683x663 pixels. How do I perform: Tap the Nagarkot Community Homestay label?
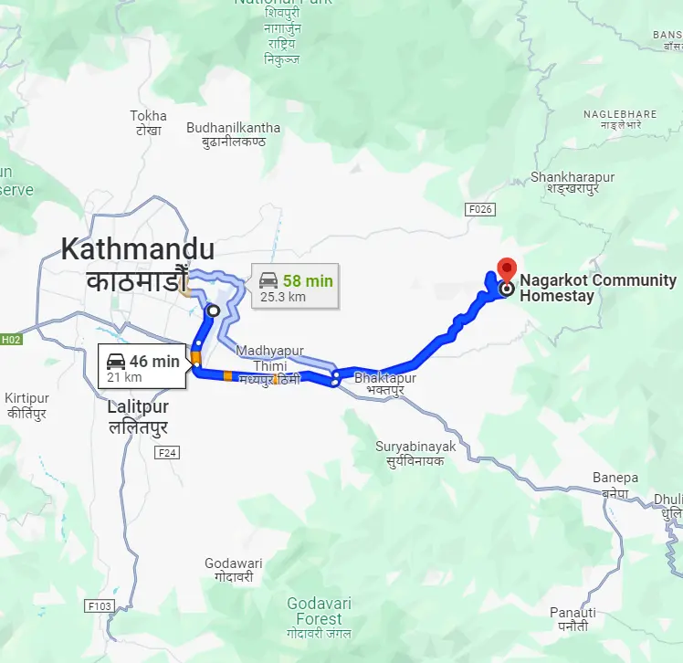[597, 288]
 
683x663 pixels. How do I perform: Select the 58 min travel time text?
[308, 279]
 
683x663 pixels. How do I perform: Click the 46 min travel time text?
[153, 361]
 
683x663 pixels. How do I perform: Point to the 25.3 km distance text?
[283, 297]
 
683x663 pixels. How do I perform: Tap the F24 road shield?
[166, 452]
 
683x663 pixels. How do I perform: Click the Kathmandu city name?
[138, 249]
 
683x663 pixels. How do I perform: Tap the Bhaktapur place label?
[385, 378]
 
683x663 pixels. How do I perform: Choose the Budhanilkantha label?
[226, 128]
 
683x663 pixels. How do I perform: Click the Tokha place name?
[148, 116]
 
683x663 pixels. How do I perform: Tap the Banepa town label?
[615, 478]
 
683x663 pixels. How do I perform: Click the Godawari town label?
[233, 563]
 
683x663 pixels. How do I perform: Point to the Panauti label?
[573, 612]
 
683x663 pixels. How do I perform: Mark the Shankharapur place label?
[573, 177]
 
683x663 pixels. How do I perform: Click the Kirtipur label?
[26, 399]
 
